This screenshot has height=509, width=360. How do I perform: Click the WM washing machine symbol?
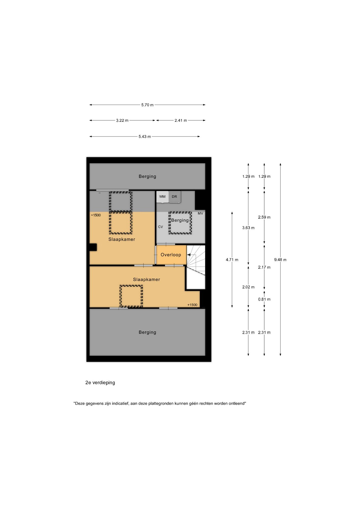[x=163, y=197]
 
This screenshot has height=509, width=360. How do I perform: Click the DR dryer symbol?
[x=175, y=197]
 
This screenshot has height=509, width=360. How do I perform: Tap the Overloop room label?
[x=171, y=255]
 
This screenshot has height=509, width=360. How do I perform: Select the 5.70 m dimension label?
[x=147, y=105]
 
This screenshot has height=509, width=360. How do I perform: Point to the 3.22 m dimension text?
[x=122, y=120]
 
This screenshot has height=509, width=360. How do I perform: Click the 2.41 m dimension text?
[x=181, y=120]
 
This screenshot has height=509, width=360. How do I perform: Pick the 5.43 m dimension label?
[x=145, y=137]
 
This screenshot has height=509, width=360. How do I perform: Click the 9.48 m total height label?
[x=280, y=260]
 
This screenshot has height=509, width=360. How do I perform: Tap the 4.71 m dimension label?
[x=232, y=260]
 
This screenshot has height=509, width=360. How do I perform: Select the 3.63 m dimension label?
[x=248, y=228]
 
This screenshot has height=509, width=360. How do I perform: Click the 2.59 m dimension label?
[x=264, y=217]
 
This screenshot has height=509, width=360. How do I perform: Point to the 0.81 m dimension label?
[x=264, y=299]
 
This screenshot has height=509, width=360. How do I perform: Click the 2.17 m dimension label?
[x=264, y=267]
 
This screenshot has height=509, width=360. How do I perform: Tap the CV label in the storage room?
[x=160, y=227]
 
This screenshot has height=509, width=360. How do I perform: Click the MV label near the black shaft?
[x=200, y=213]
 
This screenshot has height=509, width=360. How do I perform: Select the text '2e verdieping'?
[x=100, y=383]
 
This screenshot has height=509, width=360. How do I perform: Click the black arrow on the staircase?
[x=189, y=255]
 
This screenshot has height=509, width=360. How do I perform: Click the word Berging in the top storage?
[x=147, y=176]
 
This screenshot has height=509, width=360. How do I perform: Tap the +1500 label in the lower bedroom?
[x=192, y=305]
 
